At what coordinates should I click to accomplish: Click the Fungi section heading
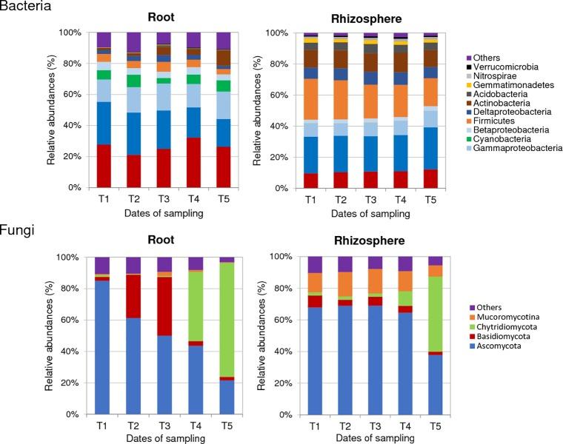[x=16, y=229]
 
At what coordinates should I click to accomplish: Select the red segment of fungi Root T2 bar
[x=133, y=296]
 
